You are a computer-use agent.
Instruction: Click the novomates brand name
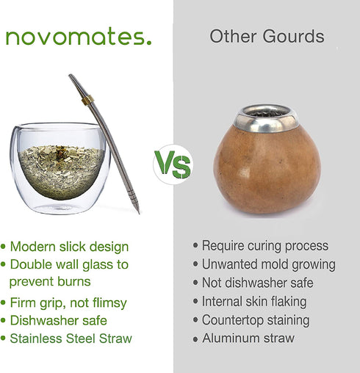click(x=79, y=37)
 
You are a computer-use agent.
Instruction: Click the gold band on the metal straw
click(x=87, y=99)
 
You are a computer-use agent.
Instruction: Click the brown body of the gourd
click(x=265, y=173)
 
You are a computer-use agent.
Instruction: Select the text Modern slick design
click(x=69, y=247)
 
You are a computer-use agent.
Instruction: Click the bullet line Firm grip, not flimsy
click(x=68, y=303)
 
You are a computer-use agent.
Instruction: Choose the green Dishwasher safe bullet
click(x=58, y=321)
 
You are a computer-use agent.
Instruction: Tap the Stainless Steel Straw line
click(x=71, y=338)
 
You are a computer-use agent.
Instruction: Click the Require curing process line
click(x=264, y=246)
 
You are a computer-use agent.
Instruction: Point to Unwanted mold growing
click(x=268, y=264)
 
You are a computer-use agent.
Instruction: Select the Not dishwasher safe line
click(x=257, y=283)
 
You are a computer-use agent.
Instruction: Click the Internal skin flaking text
click(x=254, y=301)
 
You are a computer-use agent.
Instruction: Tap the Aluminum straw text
click(x=248, y=338)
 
